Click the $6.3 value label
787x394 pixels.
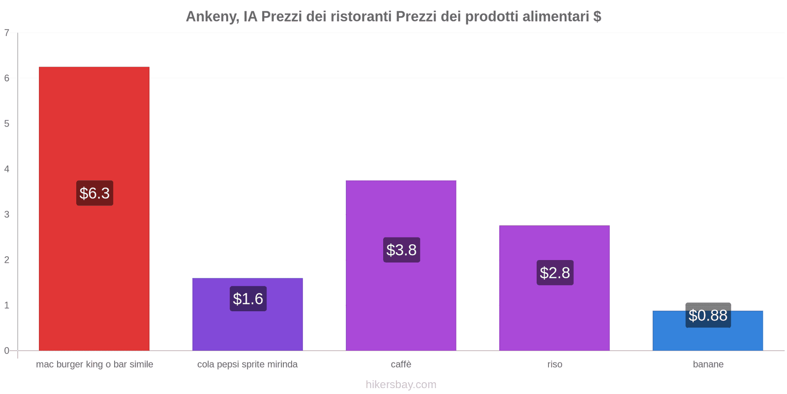(94, 193)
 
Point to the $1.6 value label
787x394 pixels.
(248, 298)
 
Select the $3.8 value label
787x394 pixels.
(401, 250)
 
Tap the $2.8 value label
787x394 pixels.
(555, 272)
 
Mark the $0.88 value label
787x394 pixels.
(708, 315)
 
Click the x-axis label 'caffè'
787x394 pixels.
(401, 364)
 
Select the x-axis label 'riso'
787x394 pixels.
(554, 364)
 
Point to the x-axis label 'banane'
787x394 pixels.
(708, 364)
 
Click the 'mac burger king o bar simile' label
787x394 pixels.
(94, 364)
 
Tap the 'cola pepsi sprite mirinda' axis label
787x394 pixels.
(247, 364)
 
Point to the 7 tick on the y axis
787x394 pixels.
(7, 33)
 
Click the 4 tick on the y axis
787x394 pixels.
(7, 169)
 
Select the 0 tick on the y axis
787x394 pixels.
(7, 351)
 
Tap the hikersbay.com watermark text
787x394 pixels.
(401, 384)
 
